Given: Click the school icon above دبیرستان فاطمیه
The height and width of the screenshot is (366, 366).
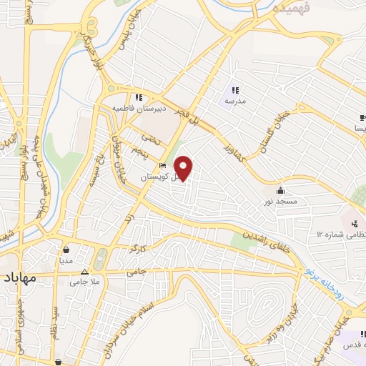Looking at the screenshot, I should coord(138,97).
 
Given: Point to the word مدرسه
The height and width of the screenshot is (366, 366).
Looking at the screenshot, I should coord(235,102).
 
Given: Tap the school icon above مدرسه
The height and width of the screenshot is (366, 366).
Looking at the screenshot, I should coord(235,90).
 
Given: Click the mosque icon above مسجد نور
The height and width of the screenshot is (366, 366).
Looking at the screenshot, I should coord(280,191).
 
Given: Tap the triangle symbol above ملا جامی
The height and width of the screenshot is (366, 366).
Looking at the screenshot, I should coord(85,272).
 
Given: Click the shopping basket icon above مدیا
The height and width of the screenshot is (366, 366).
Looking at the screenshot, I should coord(66,250).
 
